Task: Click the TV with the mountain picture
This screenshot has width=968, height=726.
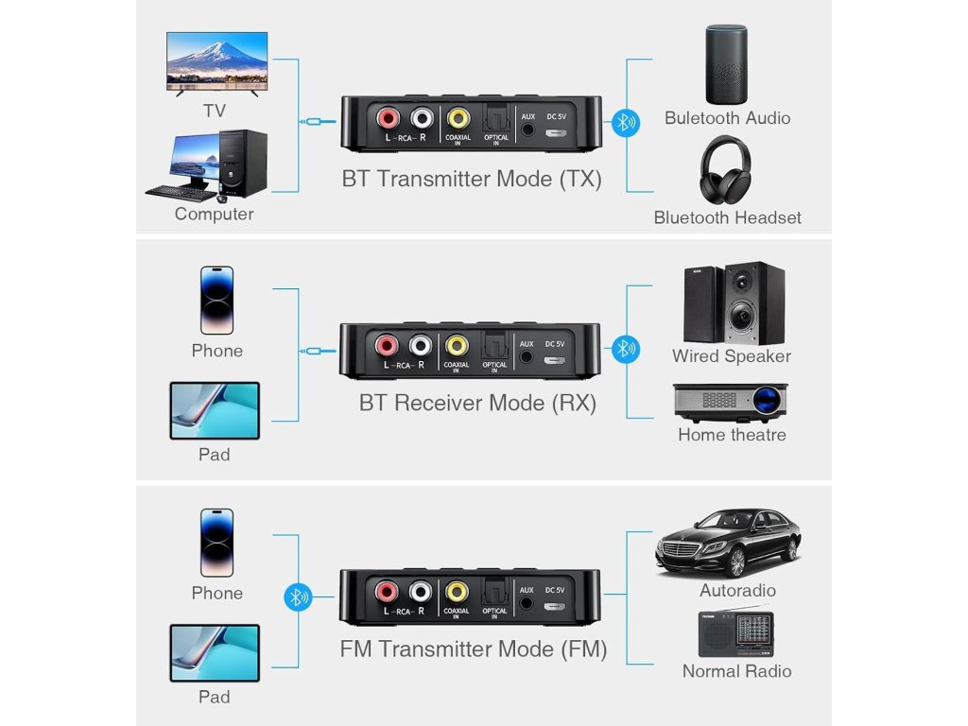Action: point(216,62)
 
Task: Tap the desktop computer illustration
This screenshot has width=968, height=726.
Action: point(208,165)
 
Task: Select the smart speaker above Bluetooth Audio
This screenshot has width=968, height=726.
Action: point(726,64)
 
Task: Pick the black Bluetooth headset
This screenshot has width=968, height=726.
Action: point(726,170)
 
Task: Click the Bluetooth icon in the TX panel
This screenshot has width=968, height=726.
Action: point(623,122)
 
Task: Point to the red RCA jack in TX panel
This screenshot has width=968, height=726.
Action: point(388,119)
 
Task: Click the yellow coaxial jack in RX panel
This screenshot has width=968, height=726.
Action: point(458,346)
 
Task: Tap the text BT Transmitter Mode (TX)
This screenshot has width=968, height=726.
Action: point(471,179)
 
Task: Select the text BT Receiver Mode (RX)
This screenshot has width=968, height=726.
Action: point(477,403)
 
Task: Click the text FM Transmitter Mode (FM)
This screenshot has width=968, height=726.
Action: point(473,649)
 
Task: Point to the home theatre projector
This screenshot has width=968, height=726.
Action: point(730,401)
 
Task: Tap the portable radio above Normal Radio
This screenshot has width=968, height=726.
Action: point(735,632)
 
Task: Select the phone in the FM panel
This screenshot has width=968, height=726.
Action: point(216,543)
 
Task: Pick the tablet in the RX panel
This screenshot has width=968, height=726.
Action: point(215,410)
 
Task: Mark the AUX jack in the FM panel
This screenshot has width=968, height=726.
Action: point(527,603)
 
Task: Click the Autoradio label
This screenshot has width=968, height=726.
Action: point(737,591)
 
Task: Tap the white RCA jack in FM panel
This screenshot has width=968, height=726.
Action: point(420,593)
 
